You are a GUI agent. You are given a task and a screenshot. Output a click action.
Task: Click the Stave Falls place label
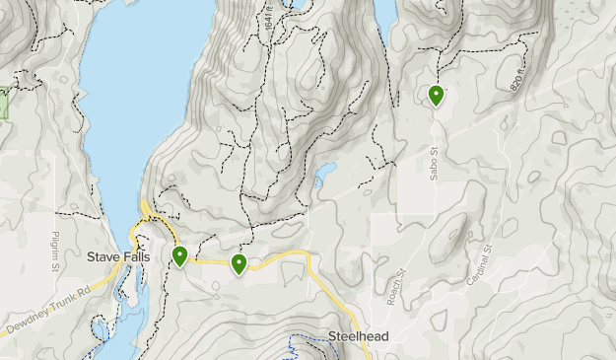click(115, 257)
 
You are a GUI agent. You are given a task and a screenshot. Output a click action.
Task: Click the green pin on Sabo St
click(436, 95)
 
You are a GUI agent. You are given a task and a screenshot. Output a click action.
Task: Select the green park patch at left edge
click(3, 104)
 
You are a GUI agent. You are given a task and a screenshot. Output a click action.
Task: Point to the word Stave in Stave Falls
click(101, 257)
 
